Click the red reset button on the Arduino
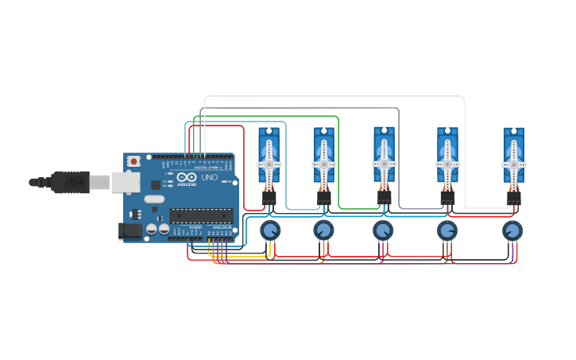(x=133, y=161)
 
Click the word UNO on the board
(x=210, y=178)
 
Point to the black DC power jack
(x=130, y=231)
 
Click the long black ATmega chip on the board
(x=201, y=215)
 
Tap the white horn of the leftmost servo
(x=269, y=163)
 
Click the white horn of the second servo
(x=323, y=163)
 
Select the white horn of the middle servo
(x=384, y=162)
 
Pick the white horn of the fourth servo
(x=447, y=163)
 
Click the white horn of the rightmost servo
(x=514, y=163)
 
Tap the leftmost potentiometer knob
(x=270, y=230)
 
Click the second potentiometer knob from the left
(x=323, y=230)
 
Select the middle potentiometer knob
(x=383, y=230)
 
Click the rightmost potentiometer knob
(x=513, y=230)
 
